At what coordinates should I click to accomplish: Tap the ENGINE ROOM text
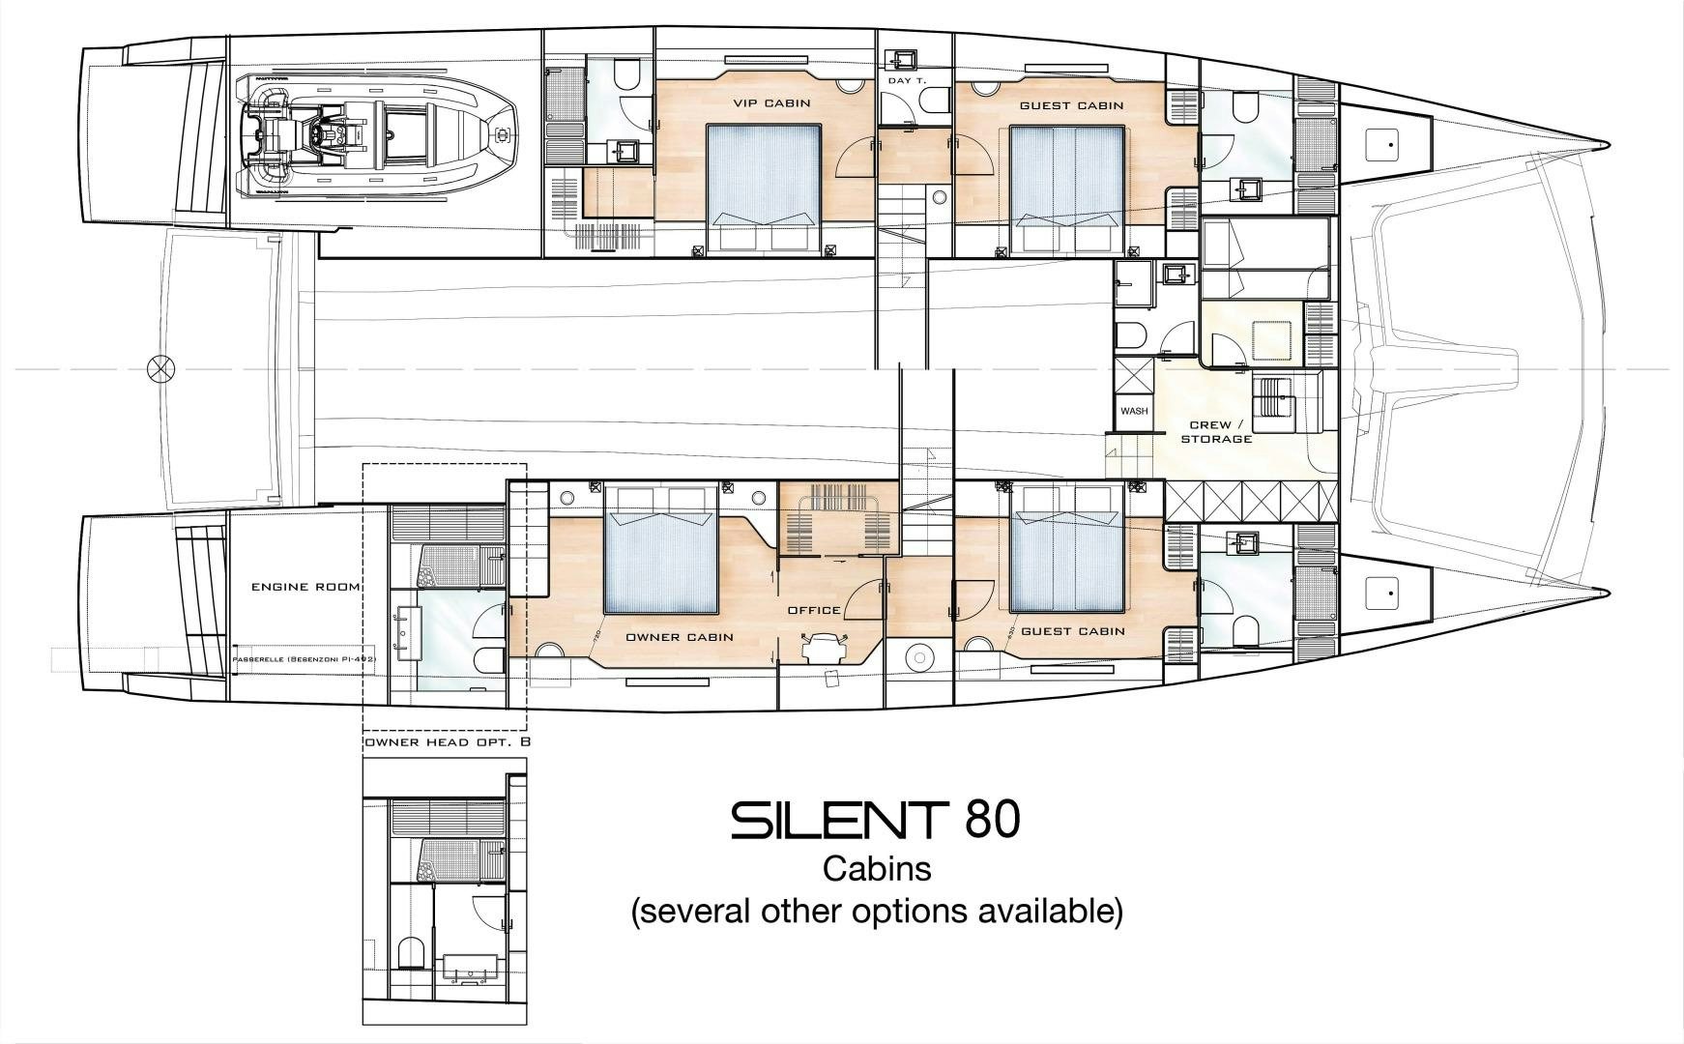[306, 587]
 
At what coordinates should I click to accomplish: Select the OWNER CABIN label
[679, 637]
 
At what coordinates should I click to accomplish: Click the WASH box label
[1134, 411]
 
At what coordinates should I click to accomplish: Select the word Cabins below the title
[877, 868]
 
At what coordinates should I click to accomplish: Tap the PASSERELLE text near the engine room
[305, 659]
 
